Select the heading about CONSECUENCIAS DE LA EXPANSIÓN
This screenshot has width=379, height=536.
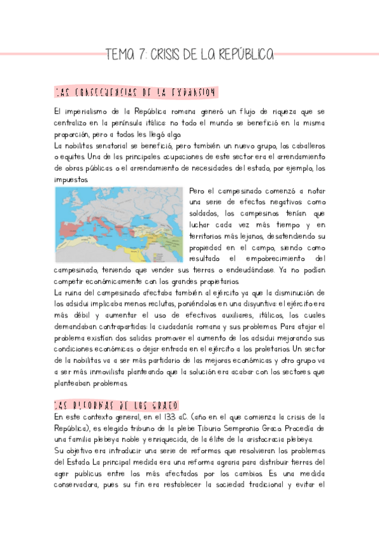pyautogui.click(x=135, y=93)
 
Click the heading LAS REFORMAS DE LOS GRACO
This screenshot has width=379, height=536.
pyautogui.click(x=117, y=405)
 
